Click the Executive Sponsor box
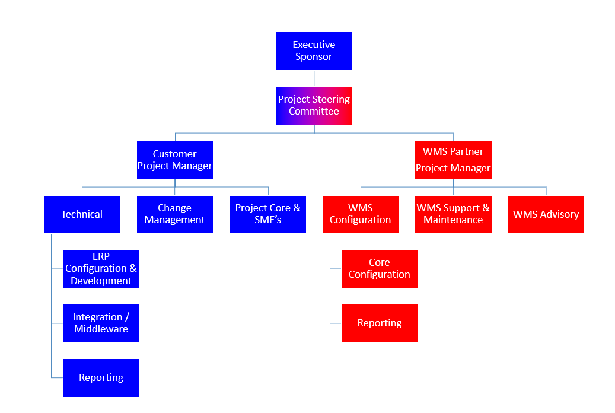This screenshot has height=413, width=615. point(314,51)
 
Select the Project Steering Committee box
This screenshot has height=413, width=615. point(314,106)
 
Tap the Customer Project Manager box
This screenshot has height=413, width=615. point(174,160)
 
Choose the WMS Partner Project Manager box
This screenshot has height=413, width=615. point(453,160)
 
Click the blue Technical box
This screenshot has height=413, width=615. point(82,214)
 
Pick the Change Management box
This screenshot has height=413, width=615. point(174,214)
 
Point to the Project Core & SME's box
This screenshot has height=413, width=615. point(267,214)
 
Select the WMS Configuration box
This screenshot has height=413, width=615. point(360,214)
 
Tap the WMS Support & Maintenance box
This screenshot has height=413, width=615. point(453,214)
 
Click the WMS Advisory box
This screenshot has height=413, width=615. point(546,214)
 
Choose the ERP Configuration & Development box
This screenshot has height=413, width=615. point(101,269)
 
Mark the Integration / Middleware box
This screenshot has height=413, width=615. point(101,323)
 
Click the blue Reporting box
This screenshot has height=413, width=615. point(101,378)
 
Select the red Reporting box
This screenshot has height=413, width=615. point(380,323)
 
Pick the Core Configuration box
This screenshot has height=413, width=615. point(380,269)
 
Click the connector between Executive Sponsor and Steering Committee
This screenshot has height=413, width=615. point(314,78)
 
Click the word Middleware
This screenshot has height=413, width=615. point(101,329)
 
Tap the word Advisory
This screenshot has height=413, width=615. point(559,214)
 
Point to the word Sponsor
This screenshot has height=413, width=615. point(314,57)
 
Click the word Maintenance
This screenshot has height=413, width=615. point(453,220)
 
